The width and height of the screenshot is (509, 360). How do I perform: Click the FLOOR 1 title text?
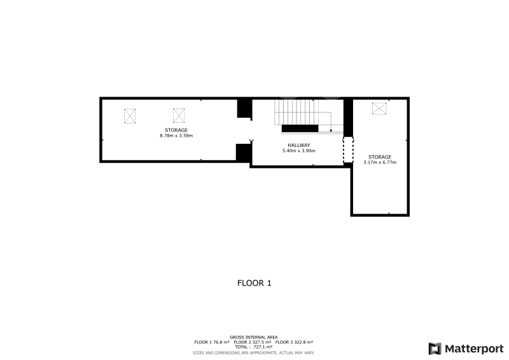tap(254, 283)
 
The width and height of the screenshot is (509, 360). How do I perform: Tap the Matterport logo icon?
tap(435, 349)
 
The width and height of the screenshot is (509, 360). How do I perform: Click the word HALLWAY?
tap(299, 145)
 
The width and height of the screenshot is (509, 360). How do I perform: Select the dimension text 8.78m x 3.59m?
tap(176, 135)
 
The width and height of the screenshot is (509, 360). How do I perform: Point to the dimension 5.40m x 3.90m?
tap(299, 151)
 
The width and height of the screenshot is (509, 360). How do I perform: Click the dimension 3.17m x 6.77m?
tap(380, 162)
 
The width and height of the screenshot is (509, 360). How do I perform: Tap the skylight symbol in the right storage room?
tap(379, 108)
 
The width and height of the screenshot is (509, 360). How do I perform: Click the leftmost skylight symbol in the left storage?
tap(130, 116)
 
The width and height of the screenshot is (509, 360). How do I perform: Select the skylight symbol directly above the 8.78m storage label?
tap(179, 116)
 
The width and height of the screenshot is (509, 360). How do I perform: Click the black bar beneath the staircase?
tap(300, 128)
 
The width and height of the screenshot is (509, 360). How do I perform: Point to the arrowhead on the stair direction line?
tap(331, 130)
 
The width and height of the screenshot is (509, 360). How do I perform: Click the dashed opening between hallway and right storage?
tap(348, 149)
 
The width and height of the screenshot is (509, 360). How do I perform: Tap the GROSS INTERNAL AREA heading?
tap(253, 337)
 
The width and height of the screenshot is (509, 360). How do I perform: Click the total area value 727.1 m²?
tap(263, 347)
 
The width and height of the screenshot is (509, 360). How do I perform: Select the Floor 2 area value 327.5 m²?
tap(261, 342)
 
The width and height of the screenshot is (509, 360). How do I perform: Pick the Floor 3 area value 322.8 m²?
tap(303, 342)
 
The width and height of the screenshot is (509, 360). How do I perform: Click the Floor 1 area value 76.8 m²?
tap(221, 342)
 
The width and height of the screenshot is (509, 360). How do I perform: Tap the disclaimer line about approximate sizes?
tap(253, 353)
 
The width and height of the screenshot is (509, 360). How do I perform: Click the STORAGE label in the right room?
tap(380, 157)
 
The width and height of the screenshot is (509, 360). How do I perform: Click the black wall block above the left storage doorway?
tap(245, 108)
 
